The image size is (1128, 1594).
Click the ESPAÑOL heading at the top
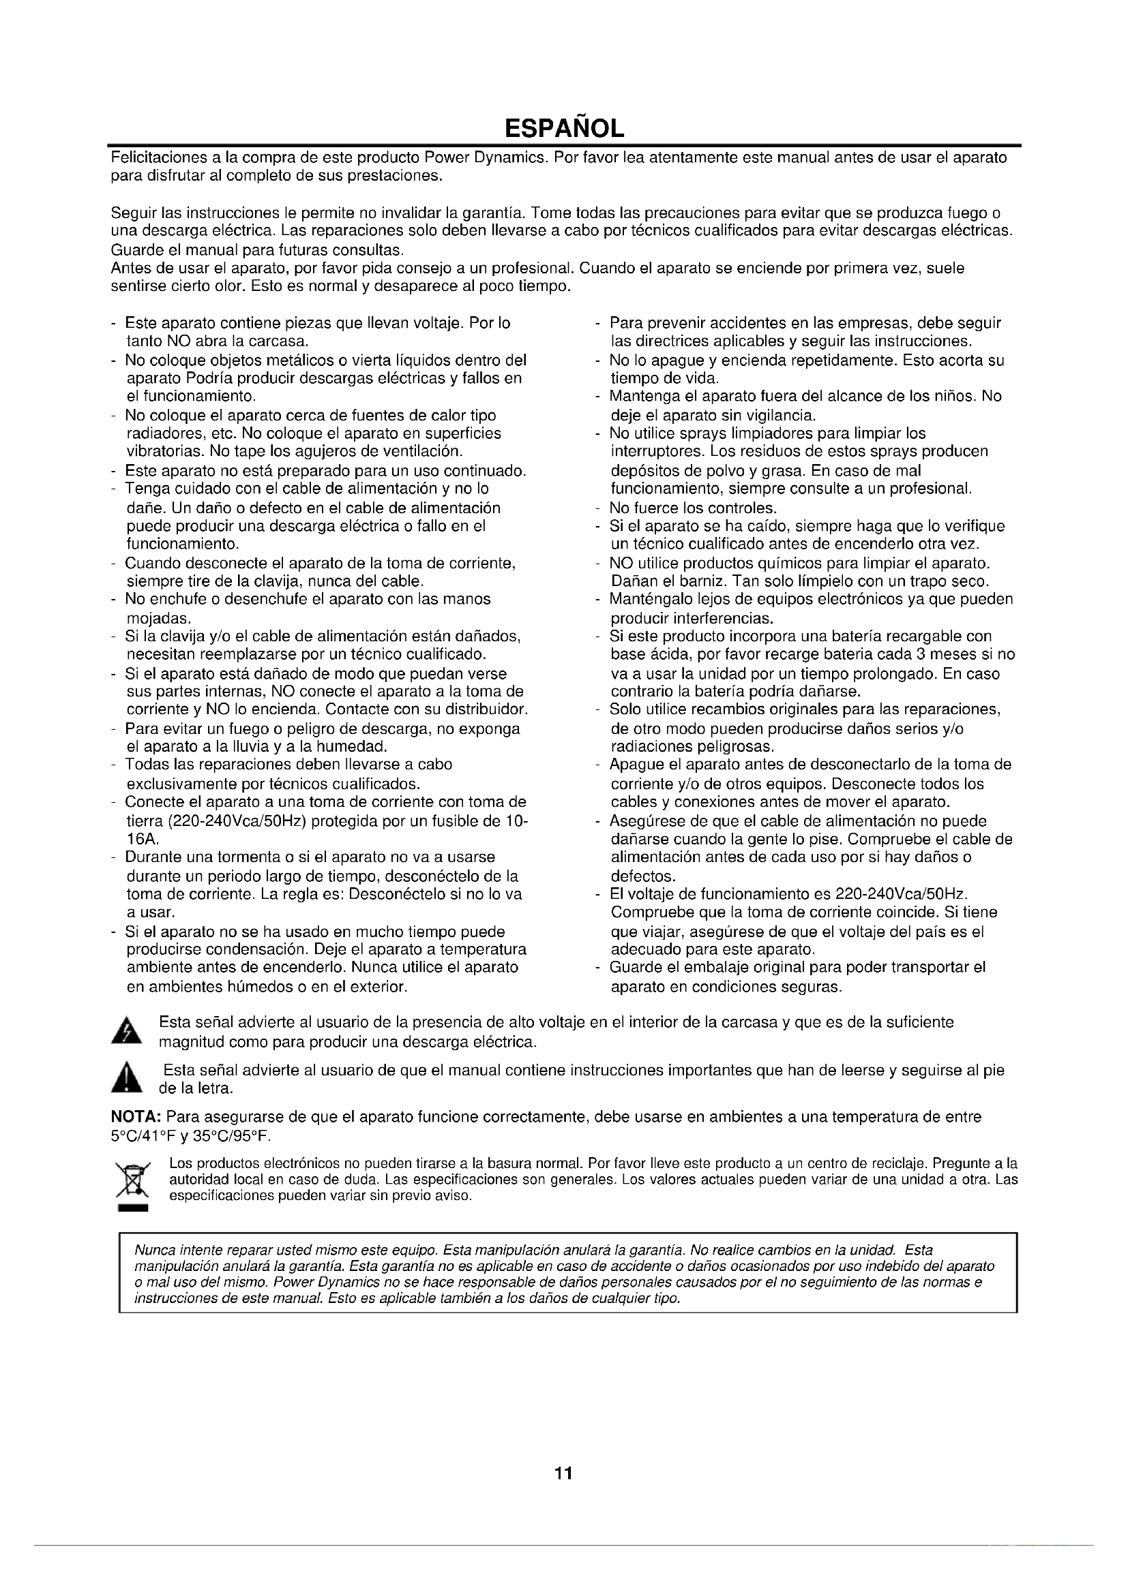point(563,128)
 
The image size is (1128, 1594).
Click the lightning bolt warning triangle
point(126,1032)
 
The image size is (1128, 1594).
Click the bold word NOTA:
point(137,1117)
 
